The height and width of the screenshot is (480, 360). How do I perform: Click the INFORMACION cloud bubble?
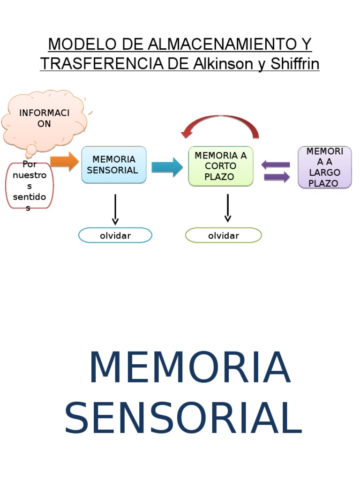44,119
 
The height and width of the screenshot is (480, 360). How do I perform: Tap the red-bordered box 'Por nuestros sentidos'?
30,186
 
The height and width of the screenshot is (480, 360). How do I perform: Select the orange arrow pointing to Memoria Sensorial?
64,162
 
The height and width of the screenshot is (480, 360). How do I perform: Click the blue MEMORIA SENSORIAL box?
113,165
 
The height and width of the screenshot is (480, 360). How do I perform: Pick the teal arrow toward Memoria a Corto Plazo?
167,167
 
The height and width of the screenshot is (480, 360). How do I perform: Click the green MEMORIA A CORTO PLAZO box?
220,166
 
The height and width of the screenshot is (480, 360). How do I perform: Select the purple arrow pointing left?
276,165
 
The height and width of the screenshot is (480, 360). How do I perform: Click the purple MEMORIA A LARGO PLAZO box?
324,167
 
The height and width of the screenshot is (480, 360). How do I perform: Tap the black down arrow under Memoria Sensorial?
115,210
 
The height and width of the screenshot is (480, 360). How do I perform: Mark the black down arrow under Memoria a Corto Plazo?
228,208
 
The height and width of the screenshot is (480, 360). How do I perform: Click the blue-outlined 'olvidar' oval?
115,235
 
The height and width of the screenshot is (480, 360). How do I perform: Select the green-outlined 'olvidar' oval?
224,235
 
